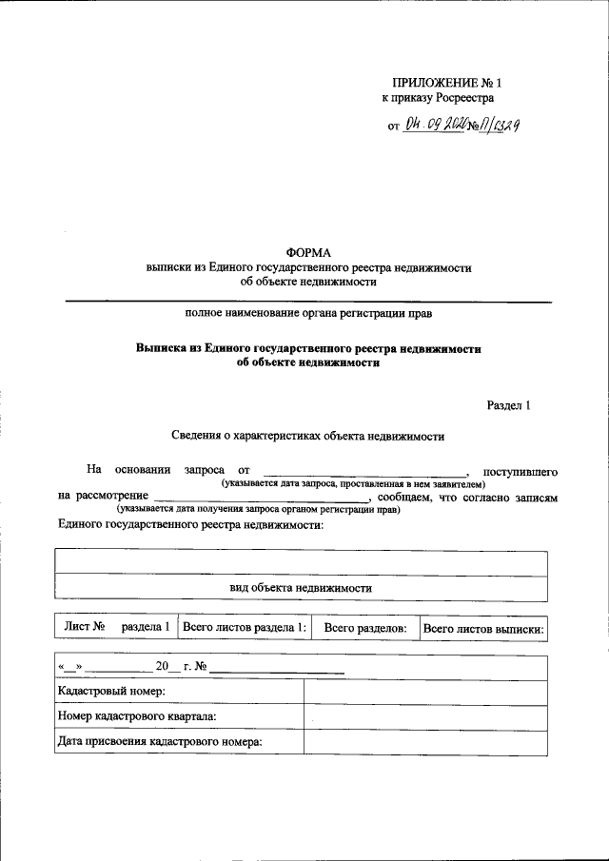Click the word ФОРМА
pos(308,252)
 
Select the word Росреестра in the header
pos(462,97)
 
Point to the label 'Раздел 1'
pos(508,406)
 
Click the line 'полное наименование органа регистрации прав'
pos(308,312)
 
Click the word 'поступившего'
pos(520,471)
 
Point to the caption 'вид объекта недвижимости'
pos(301,588)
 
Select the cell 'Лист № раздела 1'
pos(116,627)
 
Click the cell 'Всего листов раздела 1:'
pos(245,627)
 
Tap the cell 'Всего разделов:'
pos(365,628)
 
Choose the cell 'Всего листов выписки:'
pos(483,628)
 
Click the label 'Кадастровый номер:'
pos(112,692)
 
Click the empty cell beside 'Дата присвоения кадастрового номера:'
pos(425,742)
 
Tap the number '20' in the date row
pos(161,667)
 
